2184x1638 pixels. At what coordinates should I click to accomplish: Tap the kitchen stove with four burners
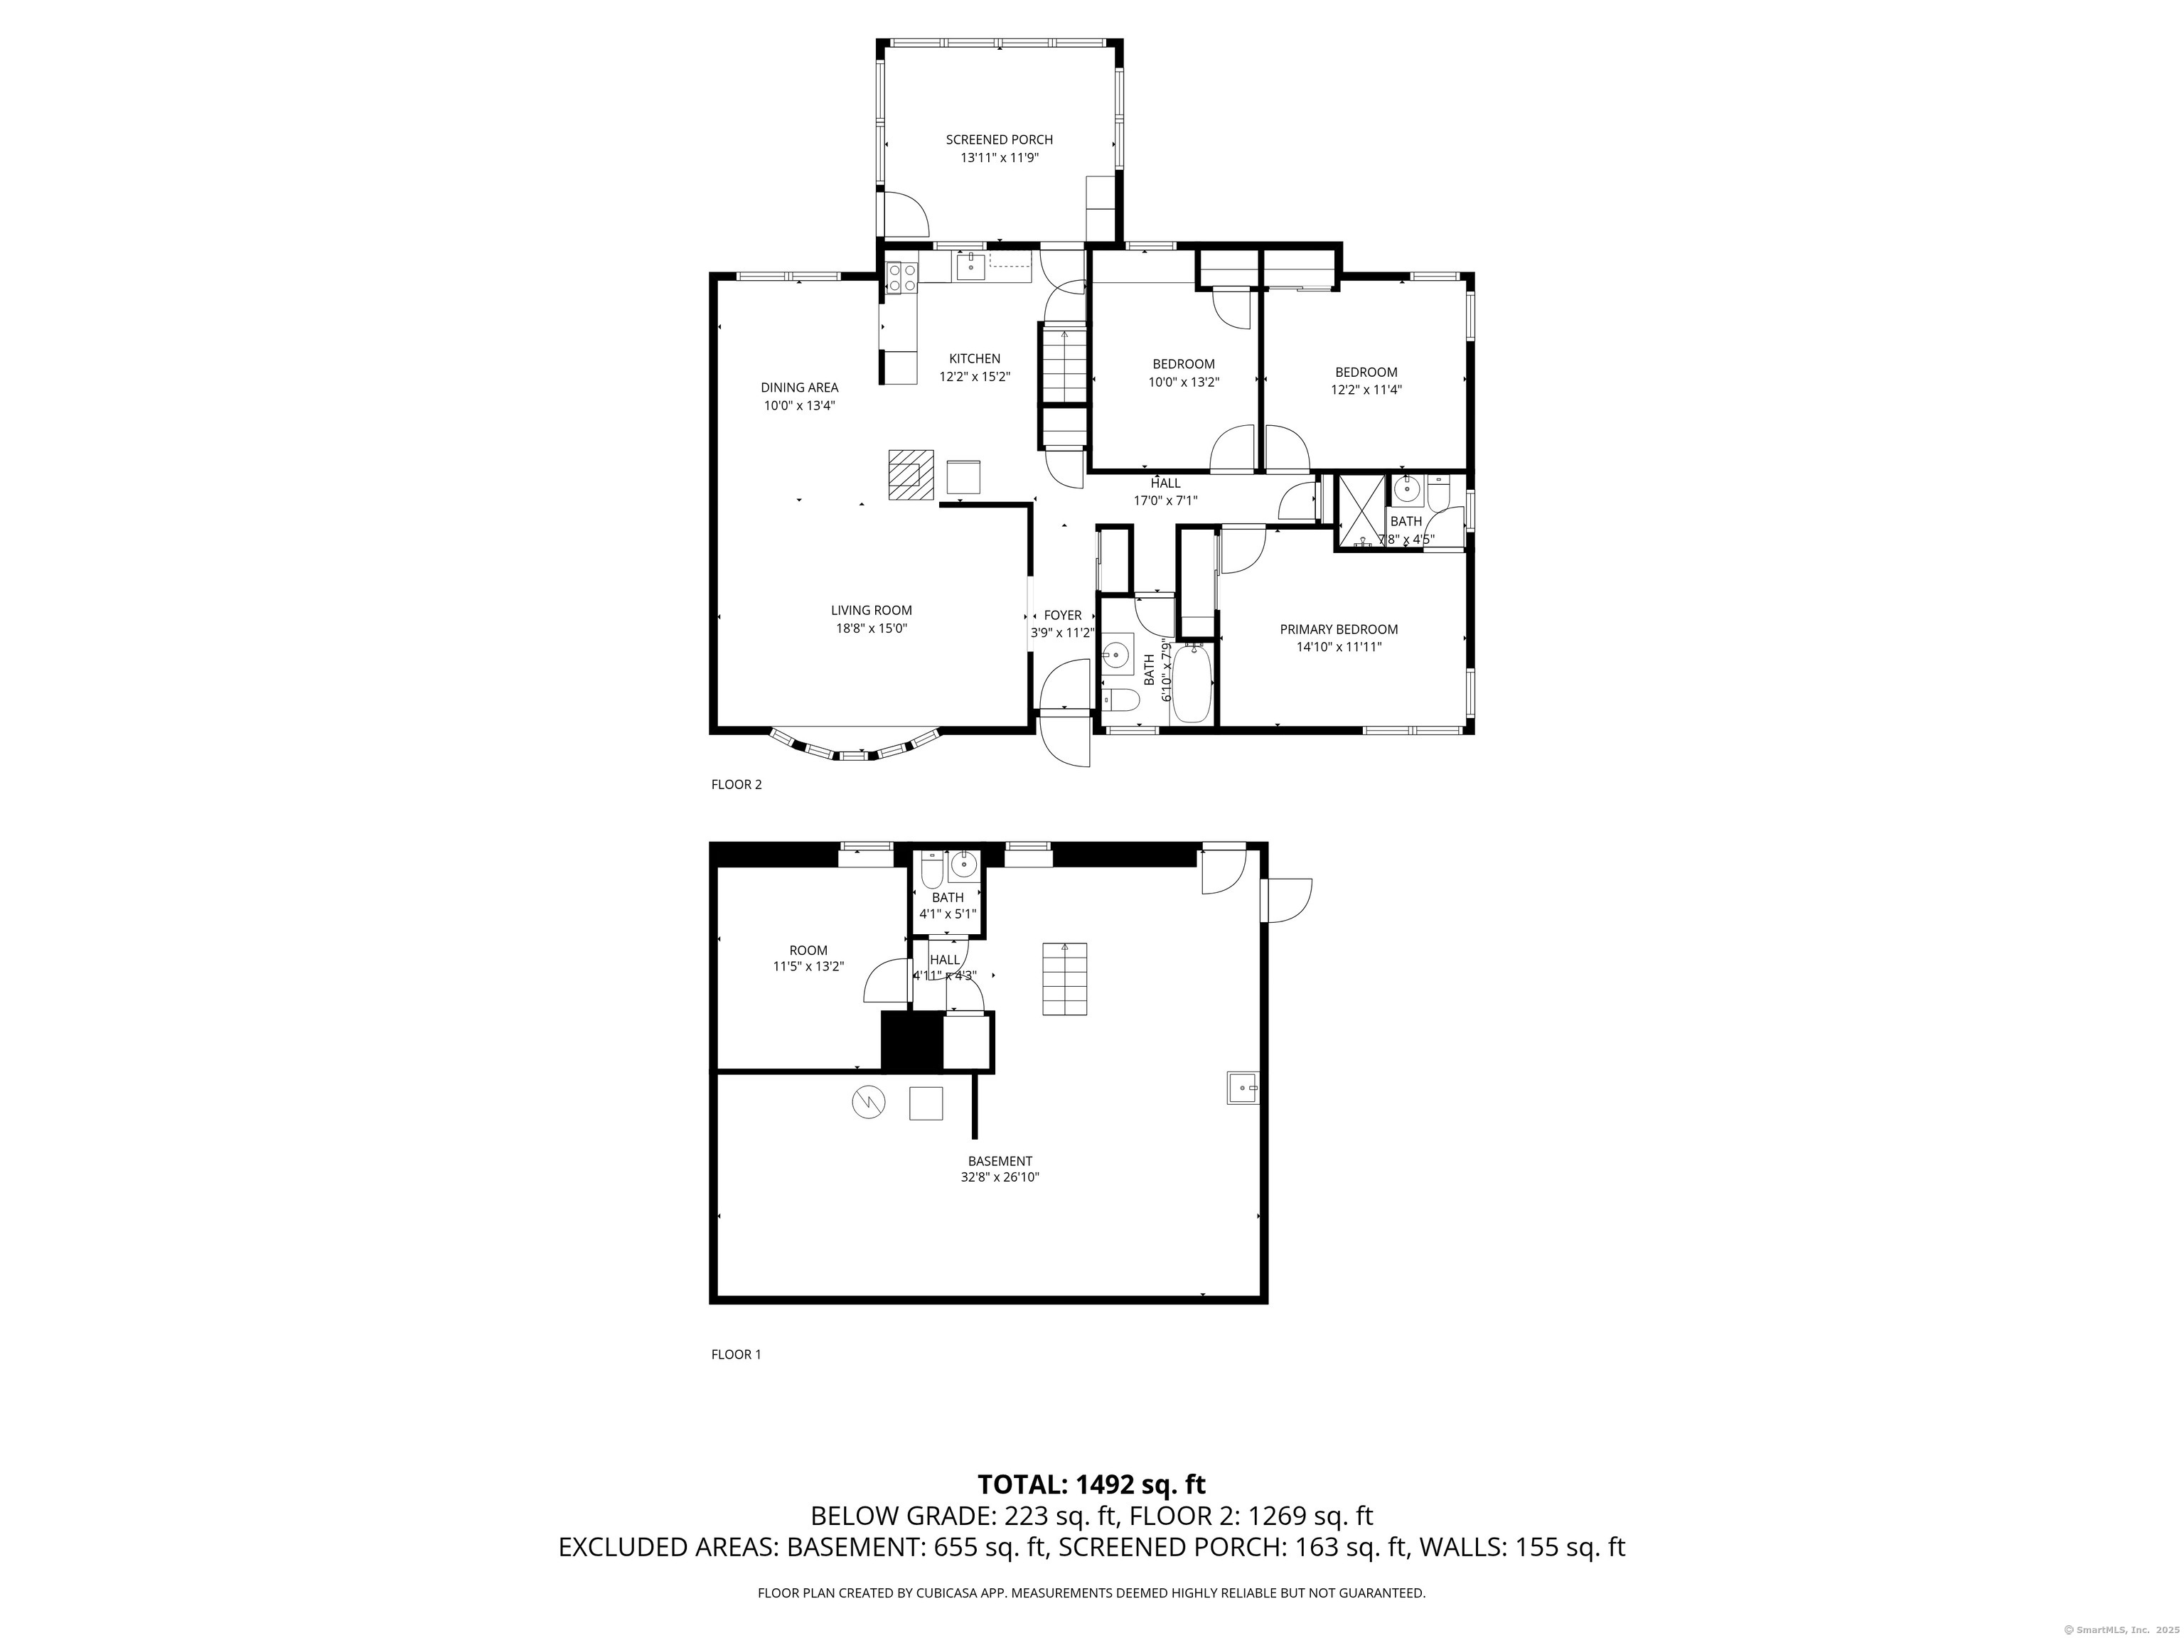[209, 275]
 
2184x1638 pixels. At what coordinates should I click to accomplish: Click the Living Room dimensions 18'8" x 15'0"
[871, 628]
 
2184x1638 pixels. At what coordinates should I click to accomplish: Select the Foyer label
[1062, 615]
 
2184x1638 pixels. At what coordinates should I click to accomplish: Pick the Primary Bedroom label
[1339, 630]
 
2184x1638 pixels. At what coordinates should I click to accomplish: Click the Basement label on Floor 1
[1000, 1161]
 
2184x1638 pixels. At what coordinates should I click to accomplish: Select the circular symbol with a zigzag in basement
[869, 1103]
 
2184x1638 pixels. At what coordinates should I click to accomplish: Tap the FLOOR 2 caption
[737, 785]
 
